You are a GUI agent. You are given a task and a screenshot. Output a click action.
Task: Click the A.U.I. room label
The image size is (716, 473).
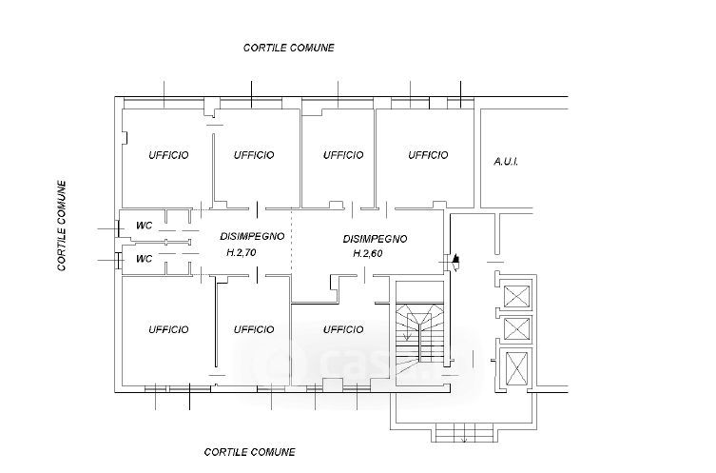[x=505, y=162]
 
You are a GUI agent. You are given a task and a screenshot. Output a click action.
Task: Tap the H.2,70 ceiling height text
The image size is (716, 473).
[x=242, y=253]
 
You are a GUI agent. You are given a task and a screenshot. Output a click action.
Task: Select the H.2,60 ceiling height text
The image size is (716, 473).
[x=368, y=254]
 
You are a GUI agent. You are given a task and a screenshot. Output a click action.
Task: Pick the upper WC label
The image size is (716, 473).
[x=145, y=226]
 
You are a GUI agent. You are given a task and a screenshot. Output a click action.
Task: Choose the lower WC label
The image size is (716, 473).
[x=145, y=258]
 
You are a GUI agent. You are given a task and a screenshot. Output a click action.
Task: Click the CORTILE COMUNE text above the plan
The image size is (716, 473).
[x=289, y=47]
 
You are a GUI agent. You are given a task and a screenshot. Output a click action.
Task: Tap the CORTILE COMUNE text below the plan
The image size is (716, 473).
[x=249, y=451]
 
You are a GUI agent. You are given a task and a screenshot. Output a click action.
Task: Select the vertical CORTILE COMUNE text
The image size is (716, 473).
[x=62, y=227]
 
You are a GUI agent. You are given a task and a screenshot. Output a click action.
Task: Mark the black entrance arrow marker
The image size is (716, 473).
[x=457, y=258]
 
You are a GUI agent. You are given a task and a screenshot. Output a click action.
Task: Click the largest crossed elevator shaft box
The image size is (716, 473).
[x=518, y=367]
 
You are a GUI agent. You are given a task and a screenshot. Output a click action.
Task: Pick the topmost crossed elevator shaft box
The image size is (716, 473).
[x=517, y=296]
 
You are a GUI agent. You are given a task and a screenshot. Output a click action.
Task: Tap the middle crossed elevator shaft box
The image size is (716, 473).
[x=517, y=329]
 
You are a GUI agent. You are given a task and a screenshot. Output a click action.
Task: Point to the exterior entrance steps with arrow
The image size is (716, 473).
[x=462, y=434]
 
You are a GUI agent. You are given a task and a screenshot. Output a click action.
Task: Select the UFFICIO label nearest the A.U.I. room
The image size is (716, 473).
[x=428, y=155]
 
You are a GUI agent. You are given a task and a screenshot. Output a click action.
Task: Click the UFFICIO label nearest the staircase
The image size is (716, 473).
[x=343, y=329]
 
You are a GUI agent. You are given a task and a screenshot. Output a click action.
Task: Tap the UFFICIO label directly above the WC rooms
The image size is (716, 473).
[x=168, y=155]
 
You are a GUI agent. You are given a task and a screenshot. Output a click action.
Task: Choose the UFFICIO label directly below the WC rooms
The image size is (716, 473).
[x=168, y=329]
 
